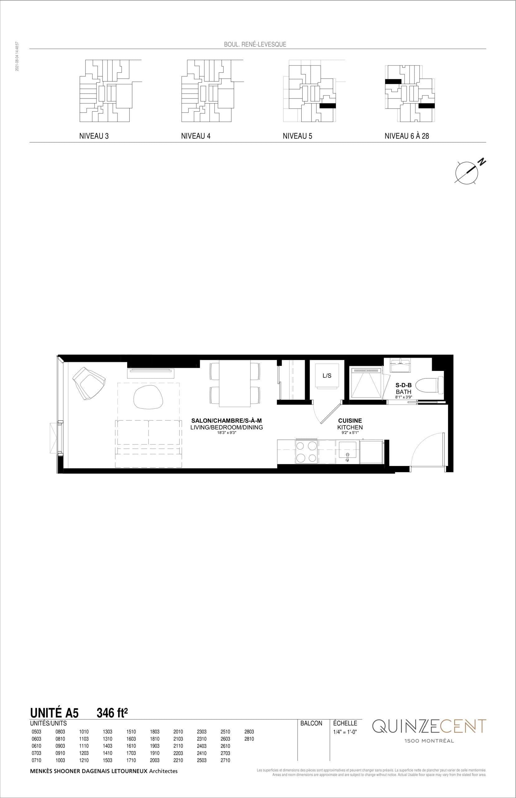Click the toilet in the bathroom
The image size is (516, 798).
pos(435,385)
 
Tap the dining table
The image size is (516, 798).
pos(235,384)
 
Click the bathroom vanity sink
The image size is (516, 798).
pos(400,365)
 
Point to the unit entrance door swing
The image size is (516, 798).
pos(427,449)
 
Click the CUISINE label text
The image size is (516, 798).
pos(350,421)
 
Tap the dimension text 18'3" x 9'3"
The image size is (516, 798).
pos(227,433)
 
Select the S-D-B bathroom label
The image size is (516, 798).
pos(404,385)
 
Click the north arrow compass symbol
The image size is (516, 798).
pos(467,172)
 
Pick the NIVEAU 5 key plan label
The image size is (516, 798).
pos(297,136)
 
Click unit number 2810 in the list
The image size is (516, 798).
pos(249,739)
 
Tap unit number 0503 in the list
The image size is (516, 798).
pos(36,732)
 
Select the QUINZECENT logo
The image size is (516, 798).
pos(429,726)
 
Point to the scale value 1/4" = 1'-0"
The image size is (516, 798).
pos(345,732)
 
